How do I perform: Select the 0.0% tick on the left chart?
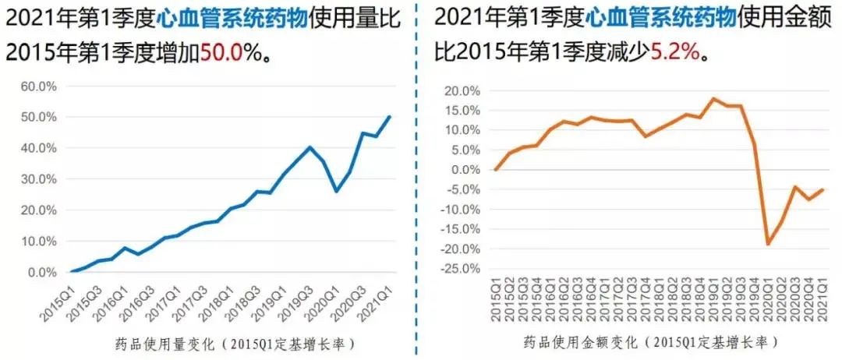point(37,273)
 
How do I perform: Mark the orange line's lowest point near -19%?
point(768,245)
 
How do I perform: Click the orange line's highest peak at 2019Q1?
point(713,99)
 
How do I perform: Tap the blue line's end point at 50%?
point(390,117)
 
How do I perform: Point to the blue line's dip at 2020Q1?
point(336,192)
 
